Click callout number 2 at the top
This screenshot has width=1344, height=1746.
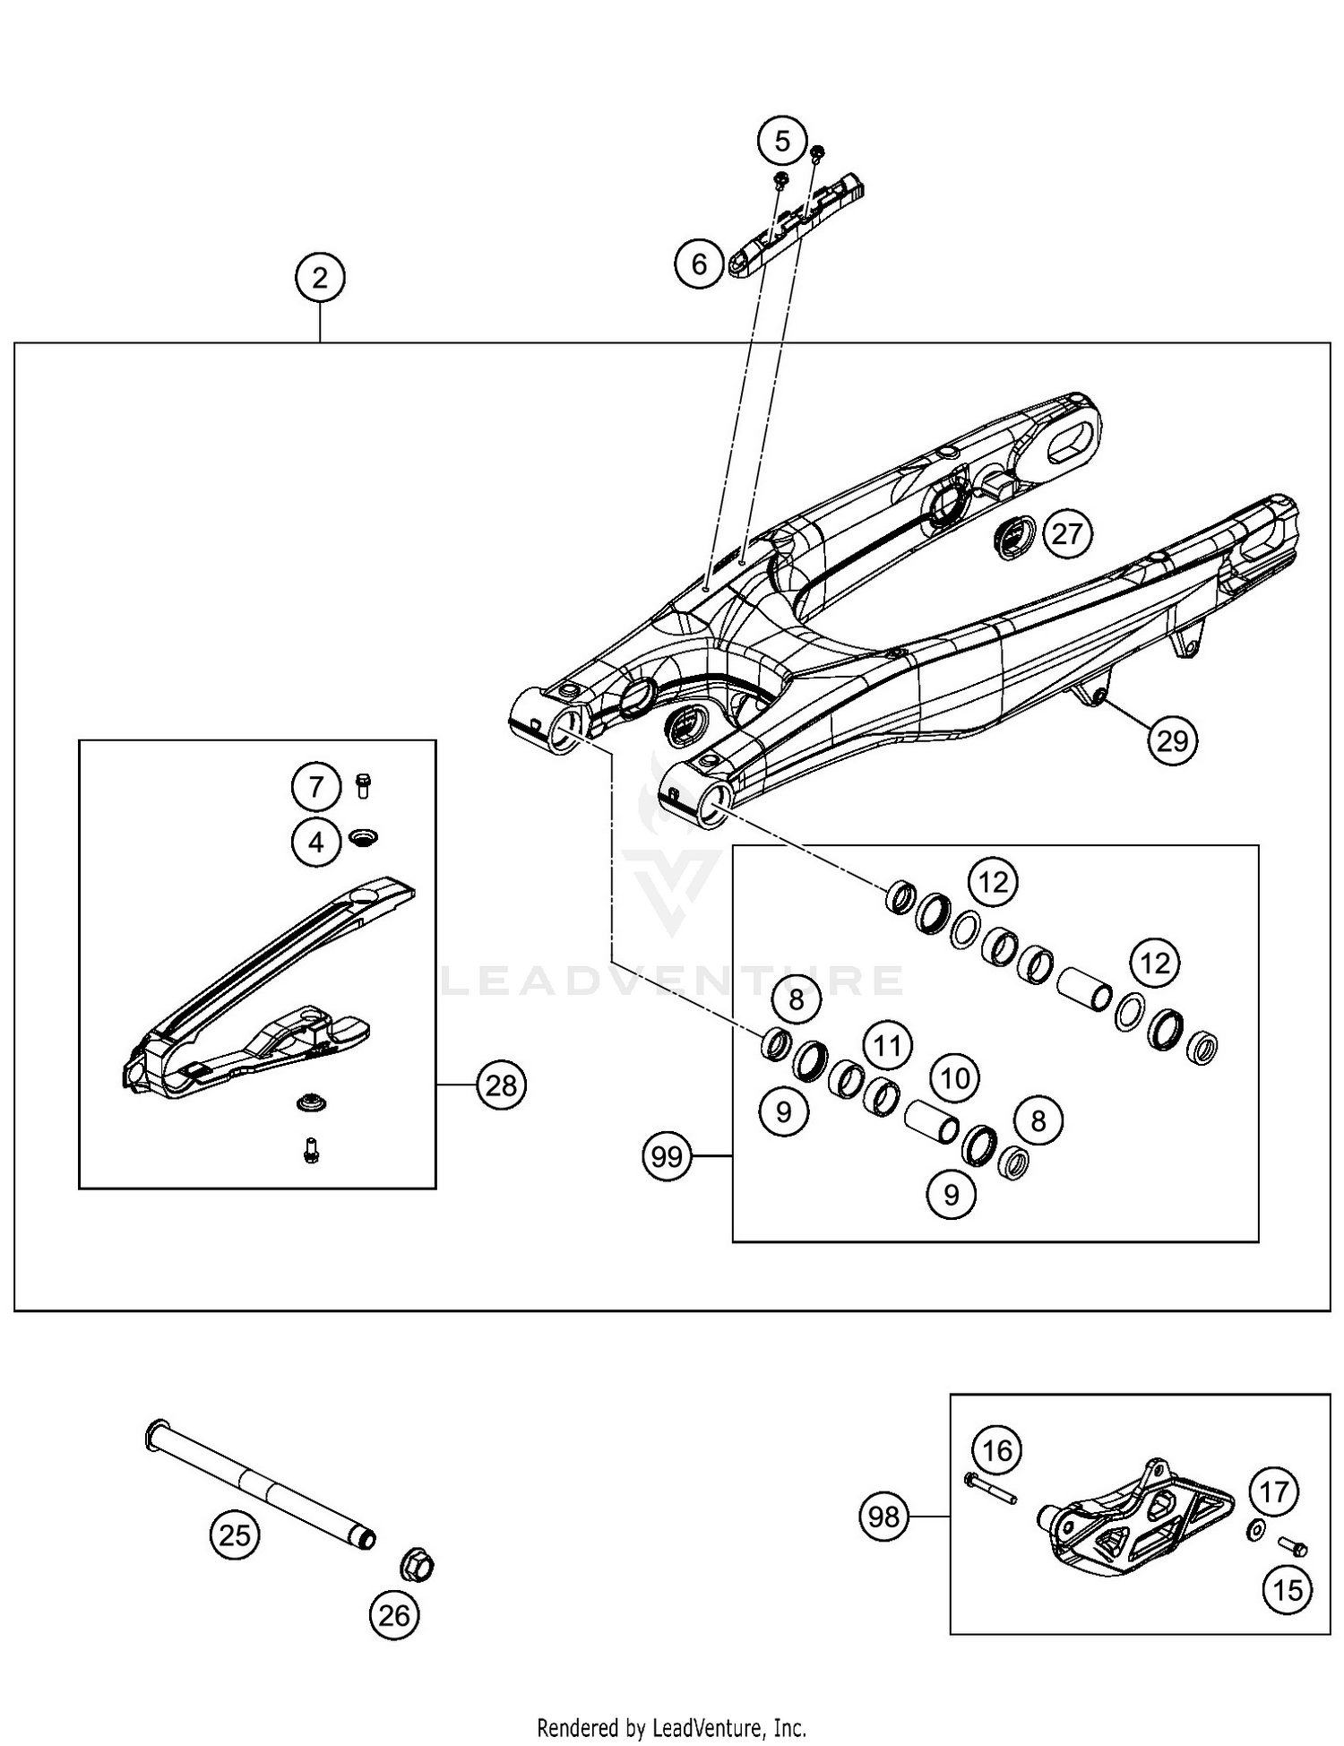tap(320, 278)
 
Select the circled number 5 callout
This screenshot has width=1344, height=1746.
tap(782, 142)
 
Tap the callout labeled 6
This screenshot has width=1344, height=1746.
tap(699, 264)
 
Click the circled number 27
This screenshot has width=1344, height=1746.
tap(1066, 534)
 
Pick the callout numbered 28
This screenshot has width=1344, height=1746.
tap(501, 1085)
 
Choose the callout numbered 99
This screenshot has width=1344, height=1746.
tap(667, 1157)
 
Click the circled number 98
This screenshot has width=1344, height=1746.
tap(883, 1517)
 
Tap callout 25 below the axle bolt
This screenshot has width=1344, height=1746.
tap(235, 1535)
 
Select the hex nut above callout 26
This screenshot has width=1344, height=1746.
tap(417, 1567)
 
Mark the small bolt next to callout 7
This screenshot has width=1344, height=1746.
tap(364, 785)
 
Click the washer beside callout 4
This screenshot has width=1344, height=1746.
tap(364, 837)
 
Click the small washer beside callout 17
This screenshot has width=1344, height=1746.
tap(1255, 1530)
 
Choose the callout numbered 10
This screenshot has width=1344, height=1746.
tap(955, 1078)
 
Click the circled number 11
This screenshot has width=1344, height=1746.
tap(887, 1046)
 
